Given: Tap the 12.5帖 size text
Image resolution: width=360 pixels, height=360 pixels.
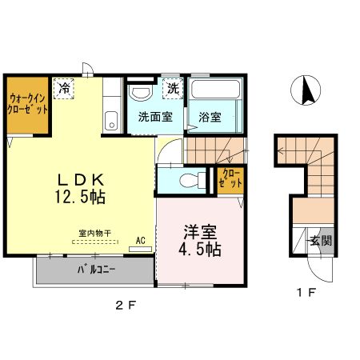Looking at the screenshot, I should [79, 194].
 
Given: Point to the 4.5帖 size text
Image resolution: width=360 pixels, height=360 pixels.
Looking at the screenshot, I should [200, 249].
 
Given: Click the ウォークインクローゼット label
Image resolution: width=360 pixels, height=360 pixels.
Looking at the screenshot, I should [27, 104].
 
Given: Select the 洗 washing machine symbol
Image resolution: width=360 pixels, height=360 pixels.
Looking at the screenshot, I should [173, 87].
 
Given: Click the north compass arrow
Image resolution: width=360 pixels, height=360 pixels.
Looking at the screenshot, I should [306, 90].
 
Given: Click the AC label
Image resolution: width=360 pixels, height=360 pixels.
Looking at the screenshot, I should [140, 239].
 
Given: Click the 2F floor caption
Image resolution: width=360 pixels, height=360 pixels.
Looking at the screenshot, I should [122, 305].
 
